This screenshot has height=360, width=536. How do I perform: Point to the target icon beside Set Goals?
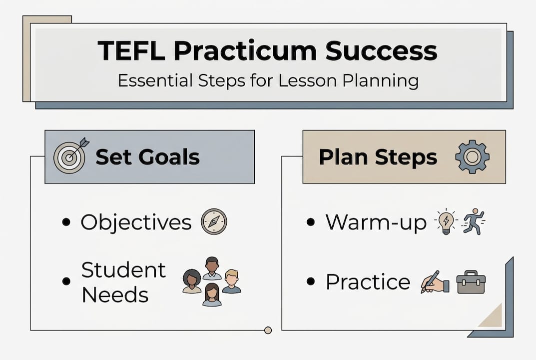(69, 156)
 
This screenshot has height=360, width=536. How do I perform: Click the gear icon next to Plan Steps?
(472, 156)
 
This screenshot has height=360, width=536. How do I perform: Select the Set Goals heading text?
(147, 157)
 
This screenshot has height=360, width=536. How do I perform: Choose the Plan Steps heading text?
(378, 157)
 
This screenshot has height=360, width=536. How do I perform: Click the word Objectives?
(136, 222)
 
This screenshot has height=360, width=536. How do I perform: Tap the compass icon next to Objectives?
(214, 222)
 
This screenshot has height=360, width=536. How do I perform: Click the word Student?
(123, 270)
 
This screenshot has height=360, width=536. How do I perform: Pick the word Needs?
(115, 294)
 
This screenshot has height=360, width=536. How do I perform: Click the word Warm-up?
(376, 222)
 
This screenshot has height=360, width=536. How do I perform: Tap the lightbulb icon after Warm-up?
(447, 221)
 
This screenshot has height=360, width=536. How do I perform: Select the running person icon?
(473, 222)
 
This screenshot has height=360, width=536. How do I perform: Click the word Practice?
(367, 282)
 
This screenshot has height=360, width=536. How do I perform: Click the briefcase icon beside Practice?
(471, 282)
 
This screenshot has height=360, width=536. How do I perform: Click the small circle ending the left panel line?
(268, 330)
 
